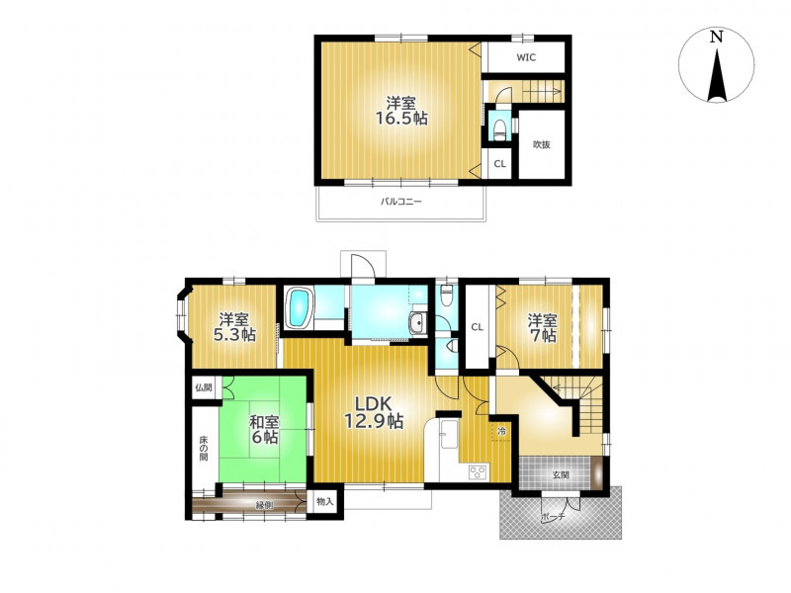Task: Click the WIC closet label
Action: click(x=526, y=57)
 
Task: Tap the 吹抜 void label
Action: click(x=542, y=144)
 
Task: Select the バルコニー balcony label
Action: click(x=401, y=203)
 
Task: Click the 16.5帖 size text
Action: click(x=401, y=119)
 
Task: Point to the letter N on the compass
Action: click(x=716, y=37)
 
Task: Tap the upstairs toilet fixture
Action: click(x=499, y=130)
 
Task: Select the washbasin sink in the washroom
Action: click(x=417, y=323)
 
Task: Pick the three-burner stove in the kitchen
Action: click(x=478, y=472)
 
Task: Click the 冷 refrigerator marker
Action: click(x=501, y=431)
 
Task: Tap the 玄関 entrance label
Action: click(x=561, y=474)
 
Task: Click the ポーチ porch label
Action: click(x=554, y=517)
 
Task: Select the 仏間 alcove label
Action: click(x=204, y=387)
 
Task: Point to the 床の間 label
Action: click(x=203, y=447)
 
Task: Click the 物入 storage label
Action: click(x=325, y=502)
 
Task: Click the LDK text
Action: click(x=374, y=403)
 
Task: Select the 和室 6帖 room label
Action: click(x=265, y=430)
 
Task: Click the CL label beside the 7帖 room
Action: click(x=478, y=327)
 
